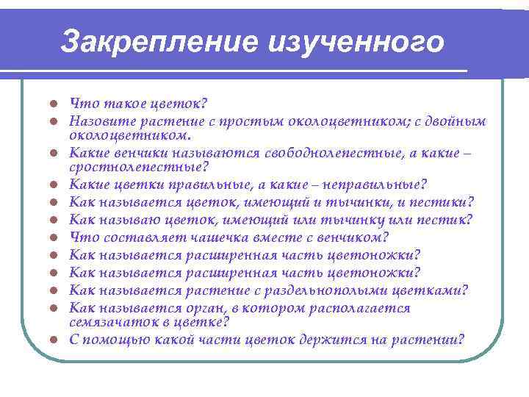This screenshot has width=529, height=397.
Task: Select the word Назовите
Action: coord(99,121)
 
